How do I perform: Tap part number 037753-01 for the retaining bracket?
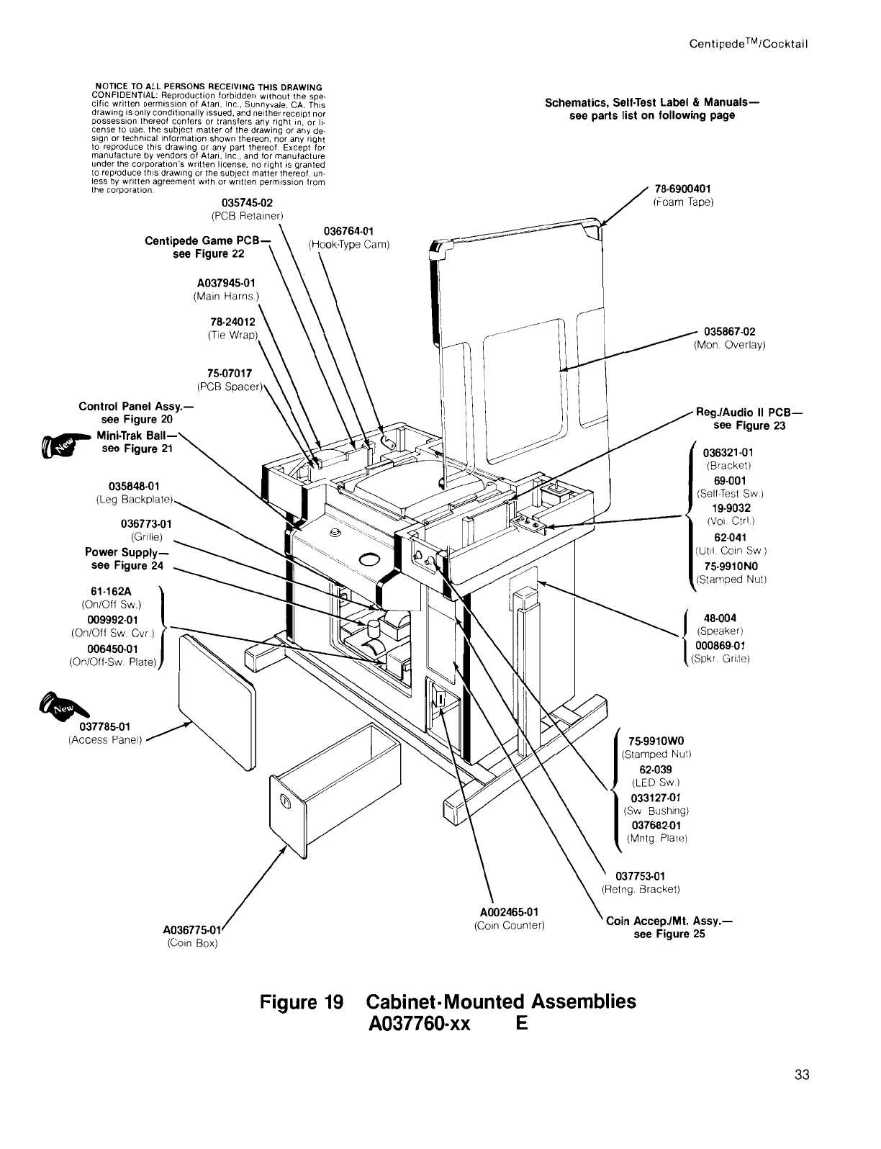pos(640,875)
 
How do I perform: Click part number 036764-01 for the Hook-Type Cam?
pos(348,231)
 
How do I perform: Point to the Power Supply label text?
pos(126,553)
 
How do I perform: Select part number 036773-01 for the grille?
pos(147,523)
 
